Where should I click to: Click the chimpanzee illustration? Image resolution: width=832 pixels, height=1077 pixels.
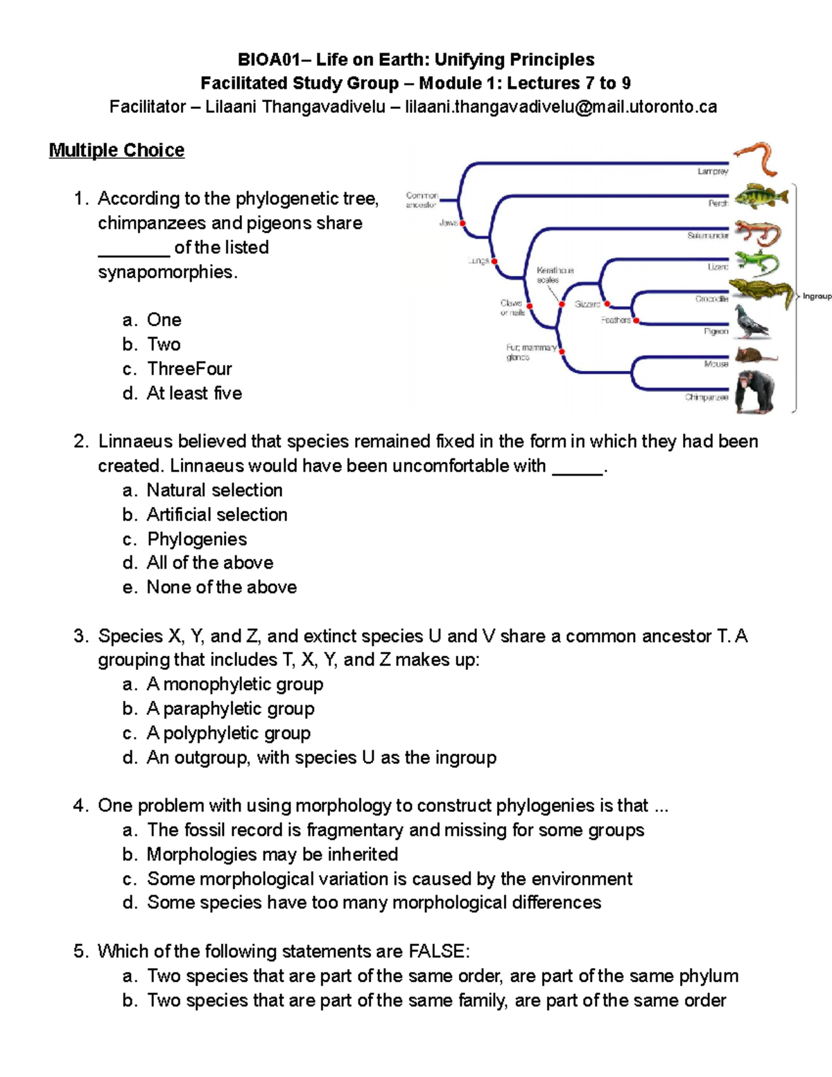point(755,393)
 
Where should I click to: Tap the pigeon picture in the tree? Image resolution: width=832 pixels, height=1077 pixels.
point(752,322)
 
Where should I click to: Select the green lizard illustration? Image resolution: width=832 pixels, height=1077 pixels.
point(756,264)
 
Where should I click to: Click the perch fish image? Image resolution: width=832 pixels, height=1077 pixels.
point(761,197)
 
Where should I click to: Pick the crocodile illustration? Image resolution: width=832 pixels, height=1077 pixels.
point(761,293)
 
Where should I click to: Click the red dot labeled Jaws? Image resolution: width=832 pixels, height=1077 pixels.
point(462,223)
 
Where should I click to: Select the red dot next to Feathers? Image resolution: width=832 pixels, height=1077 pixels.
point(636,320)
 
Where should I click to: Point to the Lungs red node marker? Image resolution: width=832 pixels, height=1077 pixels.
point(494,261)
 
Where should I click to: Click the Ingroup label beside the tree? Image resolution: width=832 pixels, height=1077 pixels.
point(817,296)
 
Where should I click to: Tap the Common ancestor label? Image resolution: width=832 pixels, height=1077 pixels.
point(422,200)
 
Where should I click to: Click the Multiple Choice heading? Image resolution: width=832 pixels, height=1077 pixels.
point(116,150)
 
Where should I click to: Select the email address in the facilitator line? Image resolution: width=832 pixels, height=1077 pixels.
point(561,107)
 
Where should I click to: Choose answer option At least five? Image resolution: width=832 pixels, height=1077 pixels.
point(194,393)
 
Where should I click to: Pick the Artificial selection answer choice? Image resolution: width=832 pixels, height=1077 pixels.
point(216,515)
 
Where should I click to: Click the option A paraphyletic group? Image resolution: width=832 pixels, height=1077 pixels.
point(230,709)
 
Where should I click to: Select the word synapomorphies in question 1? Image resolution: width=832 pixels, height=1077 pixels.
point(167,272)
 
